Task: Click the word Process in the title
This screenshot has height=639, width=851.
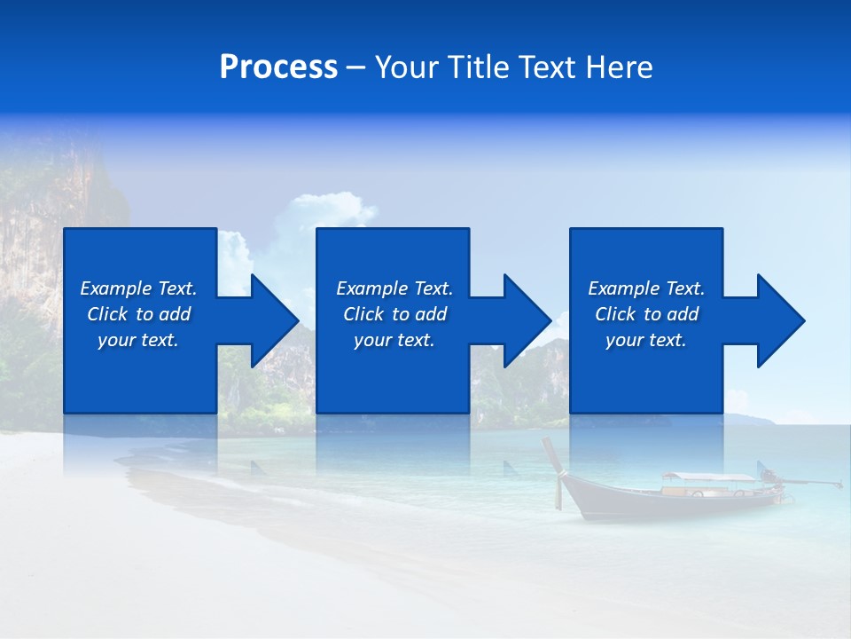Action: coord(278,67)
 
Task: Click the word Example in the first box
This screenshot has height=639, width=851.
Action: coord(115,288)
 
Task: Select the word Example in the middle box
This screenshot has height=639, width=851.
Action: coord(371,288)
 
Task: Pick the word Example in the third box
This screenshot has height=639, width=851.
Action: coord(623,288)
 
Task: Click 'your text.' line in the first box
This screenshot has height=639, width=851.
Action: coord(138,340)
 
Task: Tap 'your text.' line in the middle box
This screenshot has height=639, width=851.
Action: coord(394,340)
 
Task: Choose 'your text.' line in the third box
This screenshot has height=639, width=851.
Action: coord(646,340)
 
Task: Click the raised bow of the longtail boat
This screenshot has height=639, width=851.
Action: coord(553,456)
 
